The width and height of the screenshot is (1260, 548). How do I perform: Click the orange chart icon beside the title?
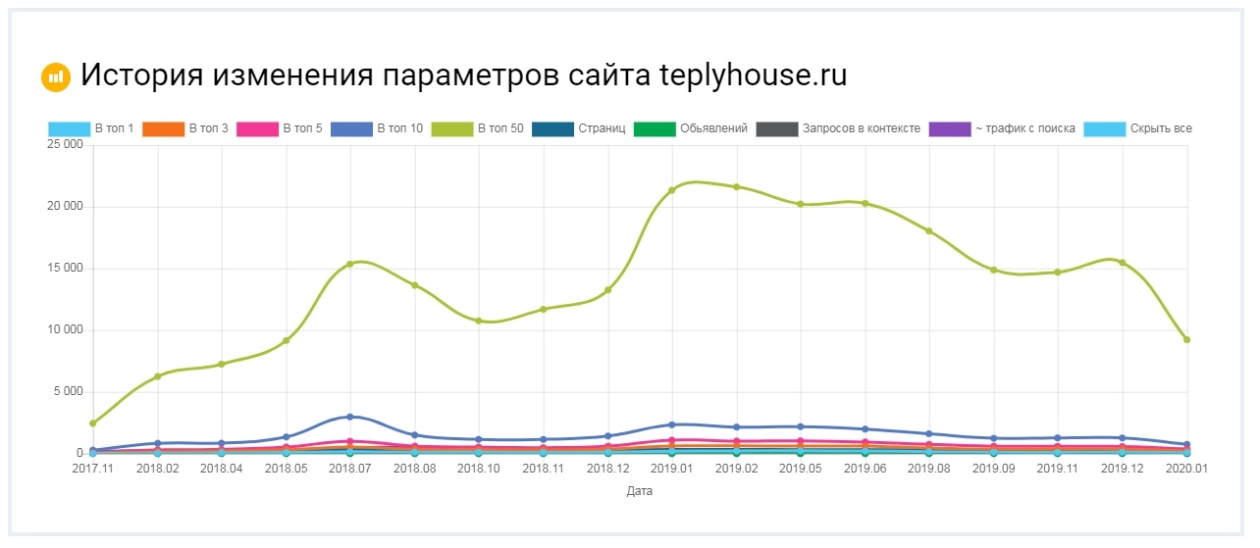pos(56,76)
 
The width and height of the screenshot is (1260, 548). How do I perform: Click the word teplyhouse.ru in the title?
pos(754,75)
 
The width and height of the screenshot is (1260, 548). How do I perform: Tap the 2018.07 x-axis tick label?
pos(349,470)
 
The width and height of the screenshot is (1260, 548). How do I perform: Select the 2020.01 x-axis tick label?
pos(1186,470)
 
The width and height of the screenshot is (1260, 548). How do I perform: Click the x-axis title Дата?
pos(639,491)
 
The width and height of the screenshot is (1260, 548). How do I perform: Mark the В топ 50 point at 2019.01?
pos(672,190)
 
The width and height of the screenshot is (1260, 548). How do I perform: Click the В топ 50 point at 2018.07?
pos(349,264)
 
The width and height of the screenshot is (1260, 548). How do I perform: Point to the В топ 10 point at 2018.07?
pos(349,417)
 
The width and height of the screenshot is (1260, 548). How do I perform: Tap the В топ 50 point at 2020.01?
pos(1186,339)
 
